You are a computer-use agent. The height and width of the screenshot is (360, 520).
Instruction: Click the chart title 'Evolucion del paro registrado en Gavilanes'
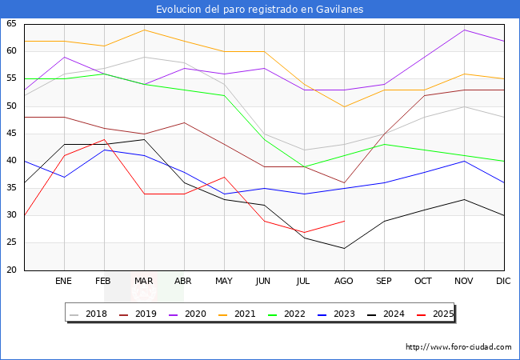click(x=260, y=9)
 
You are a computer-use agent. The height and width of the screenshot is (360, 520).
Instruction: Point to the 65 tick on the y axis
click(x=12, y=24)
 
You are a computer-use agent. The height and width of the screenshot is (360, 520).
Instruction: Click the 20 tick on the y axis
click(x=12, y=270)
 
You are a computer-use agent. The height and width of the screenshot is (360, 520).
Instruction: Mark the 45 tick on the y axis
click(x=12, y=134)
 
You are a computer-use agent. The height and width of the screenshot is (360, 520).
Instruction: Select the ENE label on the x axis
click(x=64, y=282)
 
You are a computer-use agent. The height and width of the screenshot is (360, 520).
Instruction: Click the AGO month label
click(x=344, y=282)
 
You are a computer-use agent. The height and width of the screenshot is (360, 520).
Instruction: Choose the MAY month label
click(x=224, y=282)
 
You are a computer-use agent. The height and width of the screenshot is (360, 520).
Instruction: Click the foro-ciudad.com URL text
click(x=458, y=347)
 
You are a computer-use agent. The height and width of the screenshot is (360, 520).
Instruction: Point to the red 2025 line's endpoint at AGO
click(x=344, y=221)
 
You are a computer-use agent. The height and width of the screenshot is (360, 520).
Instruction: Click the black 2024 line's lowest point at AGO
click(x=344, y=248)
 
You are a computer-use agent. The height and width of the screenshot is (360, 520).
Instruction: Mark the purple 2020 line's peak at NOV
click(x=464, y=30)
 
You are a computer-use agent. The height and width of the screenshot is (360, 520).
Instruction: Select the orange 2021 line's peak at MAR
click(x=144, y=30)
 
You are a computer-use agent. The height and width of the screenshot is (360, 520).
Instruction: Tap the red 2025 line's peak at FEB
click(x=104, y=139)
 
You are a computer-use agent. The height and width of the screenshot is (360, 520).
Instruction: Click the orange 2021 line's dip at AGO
click(x=344, y=106)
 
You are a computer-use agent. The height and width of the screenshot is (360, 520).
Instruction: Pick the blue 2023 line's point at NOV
click(x=464, y=161)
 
